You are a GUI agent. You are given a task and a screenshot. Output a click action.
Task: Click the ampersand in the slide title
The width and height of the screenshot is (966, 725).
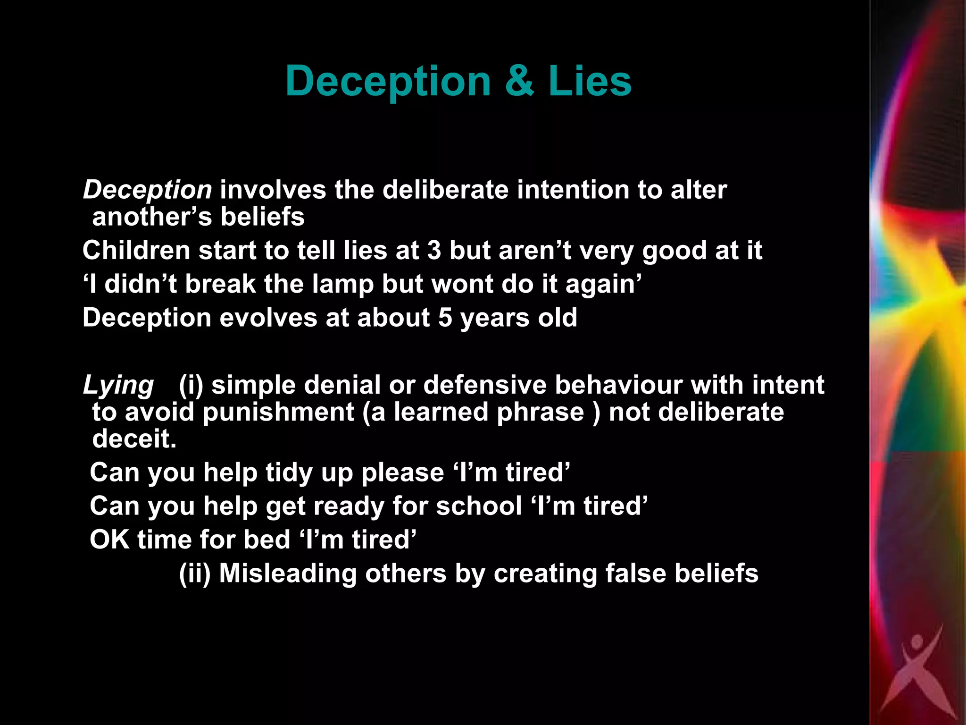tap(519, 81)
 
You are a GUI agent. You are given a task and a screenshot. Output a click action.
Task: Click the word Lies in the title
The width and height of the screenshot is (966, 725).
tap(590, 81)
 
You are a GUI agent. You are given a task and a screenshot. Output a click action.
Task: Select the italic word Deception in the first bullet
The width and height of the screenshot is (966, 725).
tap(148, 190)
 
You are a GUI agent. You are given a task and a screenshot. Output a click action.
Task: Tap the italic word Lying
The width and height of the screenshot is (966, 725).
tap(118, 385)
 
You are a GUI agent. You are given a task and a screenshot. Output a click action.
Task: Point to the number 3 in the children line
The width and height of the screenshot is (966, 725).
tap(434, 250)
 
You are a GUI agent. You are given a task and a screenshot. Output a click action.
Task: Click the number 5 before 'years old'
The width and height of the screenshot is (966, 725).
tap(445, 318)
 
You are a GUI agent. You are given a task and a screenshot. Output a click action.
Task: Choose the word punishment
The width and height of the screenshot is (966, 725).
tap(278, 412)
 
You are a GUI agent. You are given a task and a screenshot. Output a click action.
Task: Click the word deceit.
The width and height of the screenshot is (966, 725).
tap(134, 439)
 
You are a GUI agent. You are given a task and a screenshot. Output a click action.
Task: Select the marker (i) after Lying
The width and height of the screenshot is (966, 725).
tap(191, 385)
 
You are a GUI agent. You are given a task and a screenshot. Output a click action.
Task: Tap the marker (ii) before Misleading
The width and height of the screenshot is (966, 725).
tap(194, 573)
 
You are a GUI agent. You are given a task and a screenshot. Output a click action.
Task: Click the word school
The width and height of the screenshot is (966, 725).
tap(479, 506)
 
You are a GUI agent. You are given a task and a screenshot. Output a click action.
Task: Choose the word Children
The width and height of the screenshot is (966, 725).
tap(136, 250)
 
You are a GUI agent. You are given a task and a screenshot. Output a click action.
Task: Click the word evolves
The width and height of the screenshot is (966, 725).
tap(268, 318)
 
